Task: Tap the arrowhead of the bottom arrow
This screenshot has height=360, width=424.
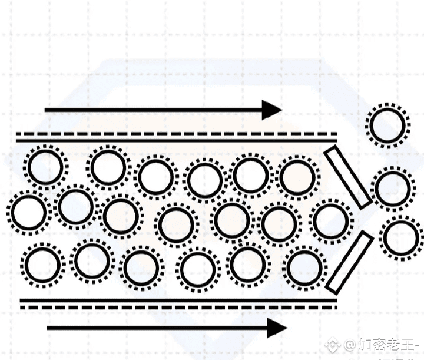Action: [277, 328]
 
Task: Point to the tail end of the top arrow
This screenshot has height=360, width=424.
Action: [47, 110]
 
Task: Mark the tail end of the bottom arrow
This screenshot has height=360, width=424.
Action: [49, 328]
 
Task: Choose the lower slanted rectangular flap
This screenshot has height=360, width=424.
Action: [349, 262]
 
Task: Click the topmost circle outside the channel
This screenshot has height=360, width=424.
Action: [387, 125]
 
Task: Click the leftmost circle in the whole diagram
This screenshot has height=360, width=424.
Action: [28, 213]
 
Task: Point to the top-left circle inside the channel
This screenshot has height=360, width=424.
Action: [45, 167]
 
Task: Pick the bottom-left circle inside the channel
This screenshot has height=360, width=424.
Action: [43, 265]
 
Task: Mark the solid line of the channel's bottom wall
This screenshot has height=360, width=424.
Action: [177, 300]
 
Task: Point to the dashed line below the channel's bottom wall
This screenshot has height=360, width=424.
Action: [177, 307]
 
